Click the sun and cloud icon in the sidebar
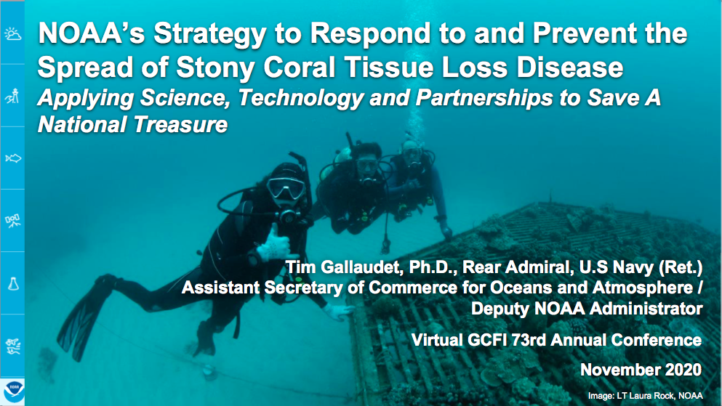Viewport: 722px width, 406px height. click(12, 33)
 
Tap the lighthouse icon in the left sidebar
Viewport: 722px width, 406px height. click(12, 96)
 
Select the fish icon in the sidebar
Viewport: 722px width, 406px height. click(13, 158)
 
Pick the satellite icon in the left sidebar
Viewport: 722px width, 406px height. click(12, 221)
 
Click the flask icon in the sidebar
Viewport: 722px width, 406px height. click(13, 283)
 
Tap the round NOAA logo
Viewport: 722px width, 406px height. click(13, 390)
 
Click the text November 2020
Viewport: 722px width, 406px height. click(641, 370)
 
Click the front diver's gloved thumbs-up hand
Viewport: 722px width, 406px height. click(274, 245)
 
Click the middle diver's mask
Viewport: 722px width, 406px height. click(367, 165)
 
